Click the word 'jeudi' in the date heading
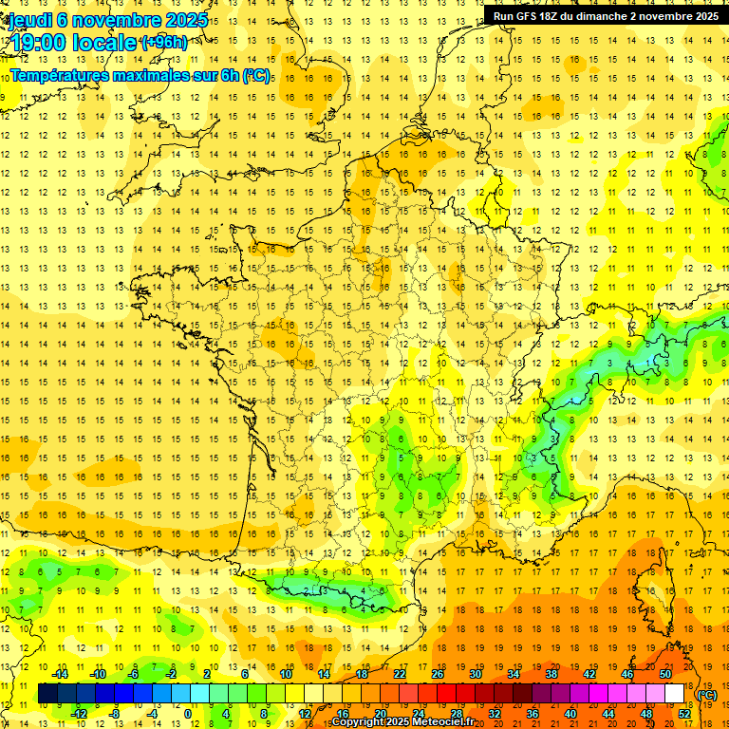click(29, 19)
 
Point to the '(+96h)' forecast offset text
click(163, 42)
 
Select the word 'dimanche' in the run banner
click(619, 15)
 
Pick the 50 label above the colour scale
click(665, 674)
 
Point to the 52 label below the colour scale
click(684, 713)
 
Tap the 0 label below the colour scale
click(189, 713)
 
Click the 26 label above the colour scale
click(438, 674)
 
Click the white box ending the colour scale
click(675, 693)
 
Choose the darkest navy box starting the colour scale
click(47, 693)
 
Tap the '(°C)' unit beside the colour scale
click(707, 694)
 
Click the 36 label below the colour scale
click(533, 713)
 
